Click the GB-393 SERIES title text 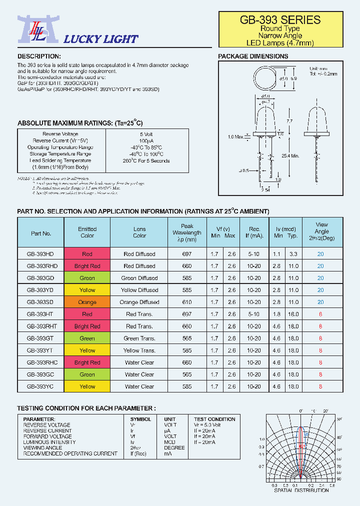tap(280, 20)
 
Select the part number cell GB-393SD tap(40, 302)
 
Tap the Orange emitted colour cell tap(87, 302)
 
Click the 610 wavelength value tap(187, 302)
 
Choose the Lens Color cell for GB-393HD tap(139, 254)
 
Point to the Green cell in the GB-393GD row tap(87, 278)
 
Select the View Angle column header tap(321, 231)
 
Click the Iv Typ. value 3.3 tap(293, 254)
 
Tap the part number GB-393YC tap(40, 386)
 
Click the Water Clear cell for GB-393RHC tap(139, 362)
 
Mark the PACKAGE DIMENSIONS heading tap(253, 56)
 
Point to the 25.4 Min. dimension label tap(290, 156)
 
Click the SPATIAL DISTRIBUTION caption tap(301, 490)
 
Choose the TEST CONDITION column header tap(214, 419)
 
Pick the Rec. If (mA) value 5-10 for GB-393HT tap(254, 314)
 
